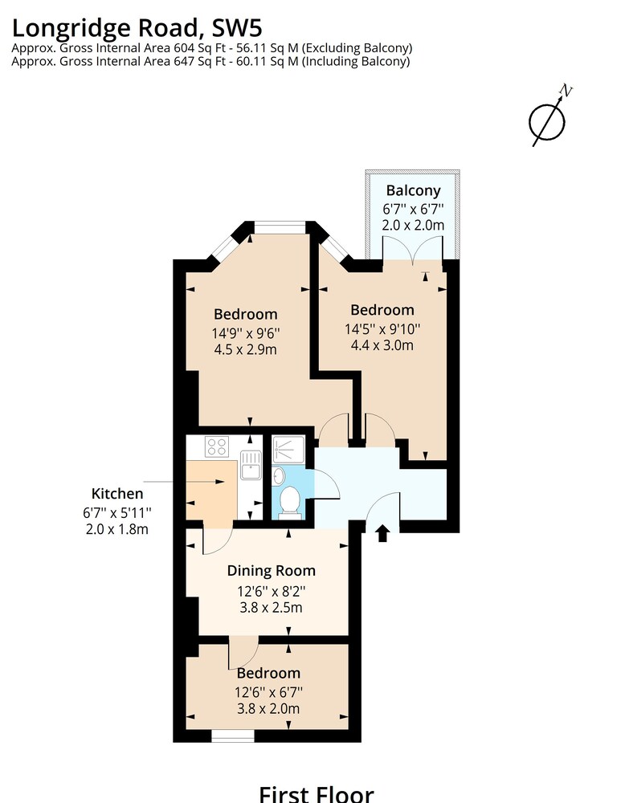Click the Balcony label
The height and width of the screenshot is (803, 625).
(x=413, y=190)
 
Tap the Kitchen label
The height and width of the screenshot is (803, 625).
(x=116, y=494)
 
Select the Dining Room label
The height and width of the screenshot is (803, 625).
(x=271, y=571)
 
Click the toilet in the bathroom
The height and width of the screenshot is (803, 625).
(x=290, y=502)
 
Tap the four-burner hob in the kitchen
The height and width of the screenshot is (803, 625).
(x=217, y=446)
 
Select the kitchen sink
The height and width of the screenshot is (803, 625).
(x=251, y=464)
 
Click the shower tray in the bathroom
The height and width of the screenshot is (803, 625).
(x=288, y=449)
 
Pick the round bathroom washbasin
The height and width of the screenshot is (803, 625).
(x=278, y=475)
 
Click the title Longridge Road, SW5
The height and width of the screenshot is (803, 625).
(x=137, y=28)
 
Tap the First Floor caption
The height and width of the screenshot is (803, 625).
(x=316, y=794)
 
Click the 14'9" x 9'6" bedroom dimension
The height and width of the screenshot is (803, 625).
(x=246, y=333)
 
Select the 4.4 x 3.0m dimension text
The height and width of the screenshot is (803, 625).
(x=382, y=345)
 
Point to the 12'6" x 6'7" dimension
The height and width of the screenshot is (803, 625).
(x=268, y=692)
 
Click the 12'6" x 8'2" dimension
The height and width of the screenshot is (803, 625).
(x=271, y=592)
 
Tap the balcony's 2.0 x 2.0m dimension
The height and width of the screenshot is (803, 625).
(x=413, y=226)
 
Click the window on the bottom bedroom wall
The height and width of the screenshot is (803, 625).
(x=233, y=736)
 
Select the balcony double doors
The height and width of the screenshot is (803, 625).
(x=412, y=250)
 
